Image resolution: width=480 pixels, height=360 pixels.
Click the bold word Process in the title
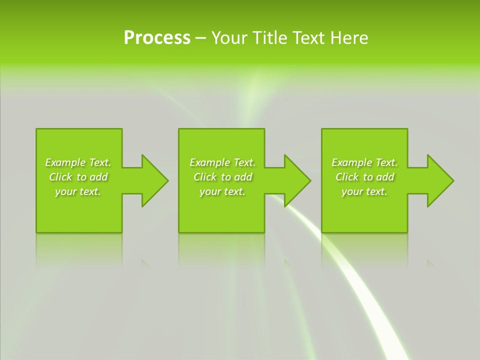click(157, 38)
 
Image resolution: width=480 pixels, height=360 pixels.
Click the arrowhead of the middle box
click(296, 180)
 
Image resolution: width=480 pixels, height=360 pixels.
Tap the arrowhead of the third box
click(439, 180)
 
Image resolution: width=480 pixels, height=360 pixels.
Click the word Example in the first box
click(65, 162)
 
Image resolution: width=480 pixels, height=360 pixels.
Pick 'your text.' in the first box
click(78, 191)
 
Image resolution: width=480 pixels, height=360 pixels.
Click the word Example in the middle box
click(209, 162)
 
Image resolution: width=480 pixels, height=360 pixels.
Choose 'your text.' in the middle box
click(222, 191)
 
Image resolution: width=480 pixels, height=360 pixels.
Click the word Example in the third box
click(351, 162)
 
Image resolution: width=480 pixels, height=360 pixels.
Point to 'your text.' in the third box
click(364, 191)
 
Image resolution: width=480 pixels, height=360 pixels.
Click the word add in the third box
click(385, 177)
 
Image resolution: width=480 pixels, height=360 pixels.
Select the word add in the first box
click(99, 177)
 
